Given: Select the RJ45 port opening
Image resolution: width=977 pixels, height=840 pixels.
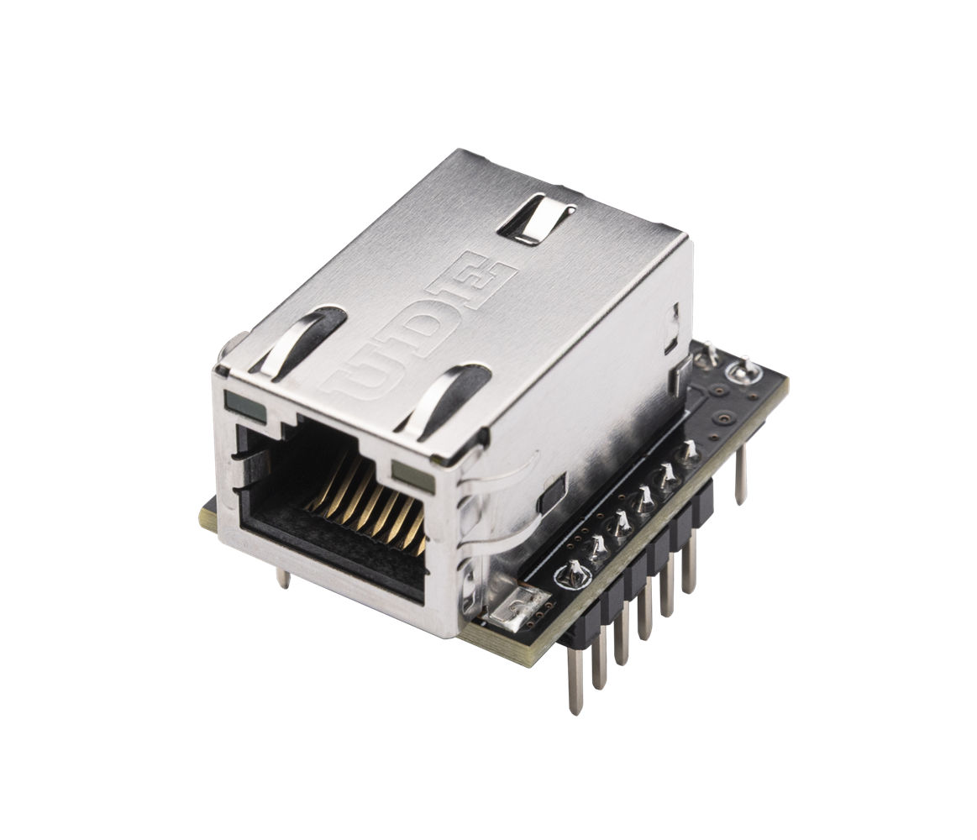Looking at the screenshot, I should click(336, 504).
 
